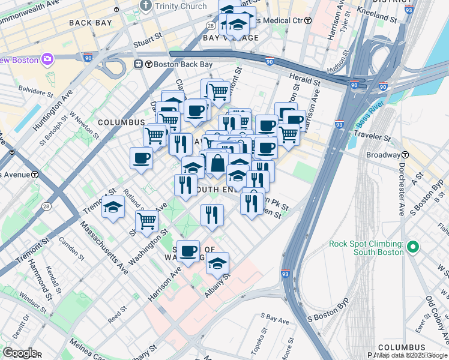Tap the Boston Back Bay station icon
pyautogui.click(x=138, y=64)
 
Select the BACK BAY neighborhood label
pyautogui.click(x=90, y=23)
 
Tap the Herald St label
pyautogui.click(x=304, y=79)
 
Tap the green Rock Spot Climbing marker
pyautogui.click(x=412, y=247)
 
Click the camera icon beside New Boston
pyautogui.click(x=47, y=59)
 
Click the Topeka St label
pyautogui.click(x=262, y=340)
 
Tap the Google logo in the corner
pyautogui.click(x=19, y=353)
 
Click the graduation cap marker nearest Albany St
pyautogui.click(x=218, y=263)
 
